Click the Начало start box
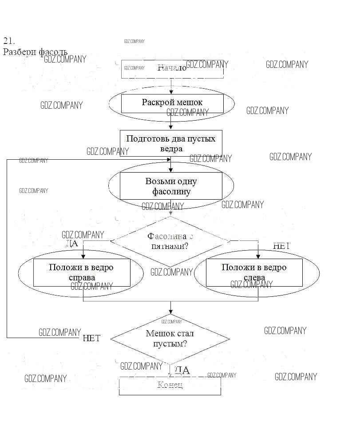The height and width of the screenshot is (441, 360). (x=172, y=69)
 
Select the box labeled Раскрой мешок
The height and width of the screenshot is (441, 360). (x=172, y=103)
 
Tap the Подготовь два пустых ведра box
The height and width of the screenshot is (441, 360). (x=171, y=143)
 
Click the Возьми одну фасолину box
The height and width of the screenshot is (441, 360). (x=171, y=186)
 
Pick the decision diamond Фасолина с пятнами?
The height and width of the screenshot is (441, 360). (x=170, y=241)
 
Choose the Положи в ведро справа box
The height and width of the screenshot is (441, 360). (x=82, y=272)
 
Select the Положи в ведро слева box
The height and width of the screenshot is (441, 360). (x=254, y=272)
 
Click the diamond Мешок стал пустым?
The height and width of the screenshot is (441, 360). (x=170, y=339)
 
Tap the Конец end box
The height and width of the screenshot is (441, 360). (x=170, y=385)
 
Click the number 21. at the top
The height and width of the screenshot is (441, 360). (x=9, y=41)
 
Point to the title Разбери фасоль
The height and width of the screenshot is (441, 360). (x=36, y=52)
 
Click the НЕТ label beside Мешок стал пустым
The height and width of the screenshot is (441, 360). (x=91, y=339)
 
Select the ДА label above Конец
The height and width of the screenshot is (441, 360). (x=182, y=370)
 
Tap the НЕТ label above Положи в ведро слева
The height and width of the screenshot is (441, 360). (x=281, y=246)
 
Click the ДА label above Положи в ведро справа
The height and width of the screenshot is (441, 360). (x=72, y=244)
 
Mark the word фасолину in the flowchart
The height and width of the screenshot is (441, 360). (x=171, y=192)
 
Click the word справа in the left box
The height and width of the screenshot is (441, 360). (x=82, y=278)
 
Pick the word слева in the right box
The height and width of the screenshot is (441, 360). (x=254, y=278)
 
